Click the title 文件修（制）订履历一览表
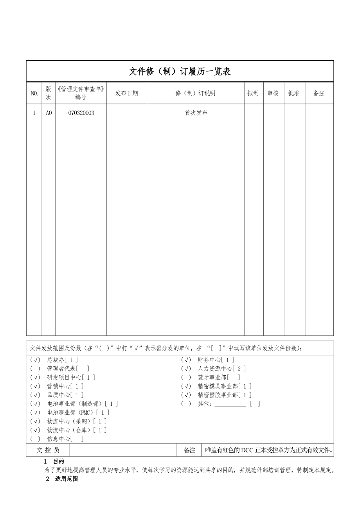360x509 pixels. (180, 72)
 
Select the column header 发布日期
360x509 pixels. (126, 93)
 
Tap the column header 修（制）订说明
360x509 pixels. (195, 93)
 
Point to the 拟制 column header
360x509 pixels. (253, 93)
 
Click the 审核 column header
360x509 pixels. (273, 93)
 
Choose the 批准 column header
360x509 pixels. (294, 93)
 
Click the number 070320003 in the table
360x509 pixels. (81, 113)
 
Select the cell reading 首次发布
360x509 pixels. (196, 113)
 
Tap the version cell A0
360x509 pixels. (49, 113)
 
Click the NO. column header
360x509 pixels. (34, 93)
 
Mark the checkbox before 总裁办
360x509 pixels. (35, 360)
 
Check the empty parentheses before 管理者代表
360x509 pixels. (35, 368)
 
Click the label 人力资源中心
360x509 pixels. (215, 368)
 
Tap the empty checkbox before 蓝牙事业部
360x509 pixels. (186, 377)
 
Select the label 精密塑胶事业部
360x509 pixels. (218, 395)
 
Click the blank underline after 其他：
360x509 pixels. (230, 404)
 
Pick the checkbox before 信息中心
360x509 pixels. (35, 439)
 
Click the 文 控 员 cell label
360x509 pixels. (48, 450)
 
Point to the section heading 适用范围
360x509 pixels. (66, 479)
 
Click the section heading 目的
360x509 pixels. (59, 461)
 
